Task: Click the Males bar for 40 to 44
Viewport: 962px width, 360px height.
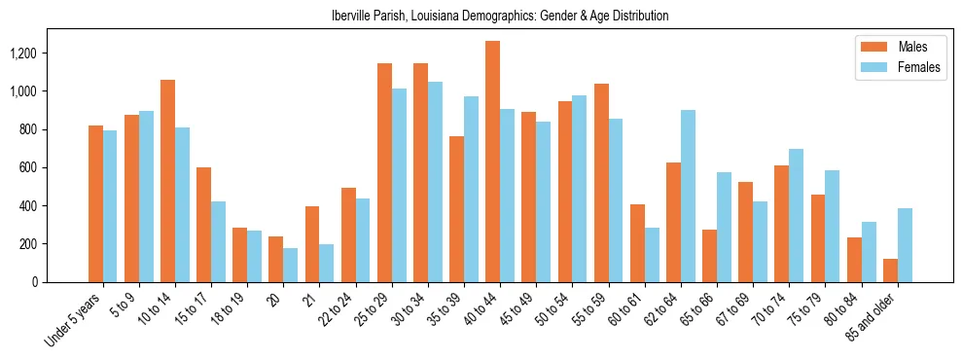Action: click(x=492, y=162)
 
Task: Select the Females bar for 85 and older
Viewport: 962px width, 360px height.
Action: click(x=905, y=245)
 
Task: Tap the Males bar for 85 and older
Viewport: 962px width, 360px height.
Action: click(x=890, y=270)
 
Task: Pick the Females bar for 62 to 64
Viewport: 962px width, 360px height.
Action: click(x=688, y=197)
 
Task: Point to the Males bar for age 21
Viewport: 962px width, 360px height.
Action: click(x=312, y=244)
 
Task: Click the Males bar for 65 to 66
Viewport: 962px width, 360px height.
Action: click(x=709, y=256)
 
